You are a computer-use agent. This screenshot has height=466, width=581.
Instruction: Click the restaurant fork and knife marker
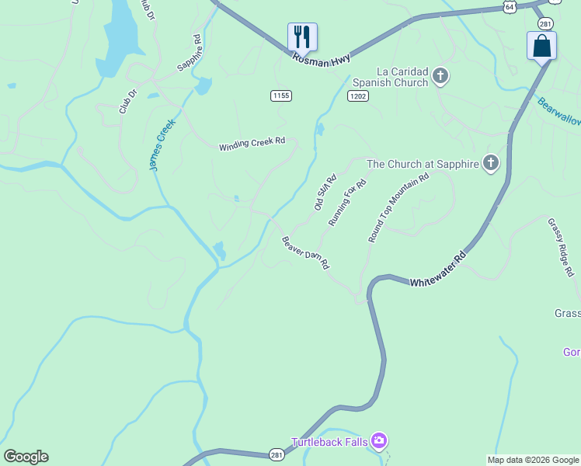[x=302, y=36]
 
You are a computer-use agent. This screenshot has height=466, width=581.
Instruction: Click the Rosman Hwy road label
[x=322, y=58]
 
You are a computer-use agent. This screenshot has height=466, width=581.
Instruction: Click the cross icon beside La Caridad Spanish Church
[x=440, y=76]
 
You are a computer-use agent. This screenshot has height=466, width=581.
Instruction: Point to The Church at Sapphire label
[x=422, y=164]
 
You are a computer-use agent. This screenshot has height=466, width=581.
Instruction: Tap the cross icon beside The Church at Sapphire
[x=490, y=163]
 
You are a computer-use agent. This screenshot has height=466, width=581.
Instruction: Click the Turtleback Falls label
[x=329, y=442]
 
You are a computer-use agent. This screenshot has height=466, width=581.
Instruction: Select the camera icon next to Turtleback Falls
[x=378, y=442]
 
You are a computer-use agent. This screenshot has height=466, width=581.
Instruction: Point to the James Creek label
[x=162, y=144]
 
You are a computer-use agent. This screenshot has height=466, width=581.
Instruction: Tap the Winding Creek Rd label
[x=252, y=144]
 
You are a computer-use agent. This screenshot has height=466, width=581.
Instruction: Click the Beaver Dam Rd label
[x=306, y=252]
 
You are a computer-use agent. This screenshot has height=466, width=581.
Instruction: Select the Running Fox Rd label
[x=346, y=202]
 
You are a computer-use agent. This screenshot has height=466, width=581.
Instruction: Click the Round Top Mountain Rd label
[x=398, y=208]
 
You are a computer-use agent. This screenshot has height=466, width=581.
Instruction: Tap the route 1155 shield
[x=281, y=96]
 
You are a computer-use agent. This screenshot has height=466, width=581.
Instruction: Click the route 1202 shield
[x=358, y=96]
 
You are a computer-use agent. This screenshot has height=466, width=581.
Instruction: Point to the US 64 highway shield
[x=509, y=6]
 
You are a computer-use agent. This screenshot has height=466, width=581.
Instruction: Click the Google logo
[x=26, y=457]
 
